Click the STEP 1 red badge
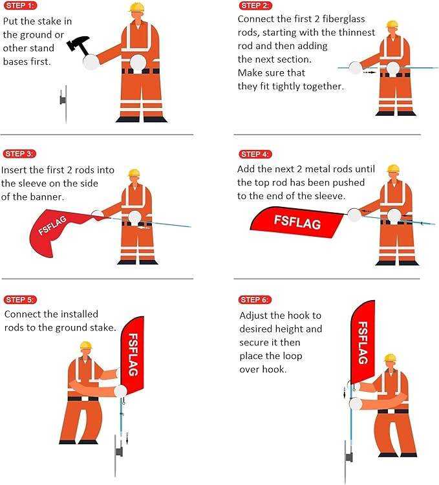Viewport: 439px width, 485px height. pyautogui.click(x=20, y=6)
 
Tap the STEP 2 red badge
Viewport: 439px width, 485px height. pyautogui.click(x=255, y=6)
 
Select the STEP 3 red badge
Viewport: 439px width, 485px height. pyautogui.click(x=19, y=154)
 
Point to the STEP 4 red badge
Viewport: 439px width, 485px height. pyautogui.click(x=255, y=154)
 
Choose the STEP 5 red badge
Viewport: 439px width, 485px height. pyautogui.click(x=20, y=299)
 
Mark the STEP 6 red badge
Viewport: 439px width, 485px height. pyautogui.click(x=255, y=299)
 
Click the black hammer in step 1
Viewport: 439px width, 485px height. pyautogui.click(x=78, y=46)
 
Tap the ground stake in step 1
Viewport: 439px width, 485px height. pyautogui.click(x=64, y=105)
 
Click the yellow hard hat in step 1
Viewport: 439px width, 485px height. pyautogui.click(x=136, y=7)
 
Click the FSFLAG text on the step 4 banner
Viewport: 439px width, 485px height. pyautogui.click(x=297, y=222)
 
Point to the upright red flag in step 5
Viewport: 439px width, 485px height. pyautogui.click(x=132, y=356)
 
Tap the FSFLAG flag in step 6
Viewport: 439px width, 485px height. pyautogui.click(x=363, y=343)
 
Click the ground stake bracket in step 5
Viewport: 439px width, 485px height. pyautogui.click(x=120, y=451)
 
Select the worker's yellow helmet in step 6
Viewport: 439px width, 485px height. pyautogui.click(x=390, y=358)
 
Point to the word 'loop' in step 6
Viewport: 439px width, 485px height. pyautogui.click(x=292, y=356)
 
